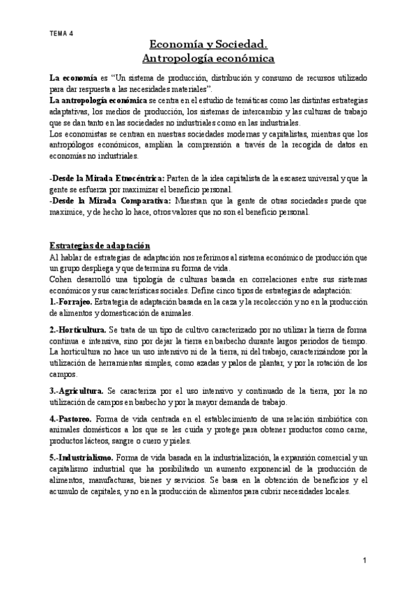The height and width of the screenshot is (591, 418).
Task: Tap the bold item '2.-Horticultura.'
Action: [78, 328]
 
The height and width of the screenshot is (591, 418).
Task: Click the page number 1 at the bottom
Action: [364, 561]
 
